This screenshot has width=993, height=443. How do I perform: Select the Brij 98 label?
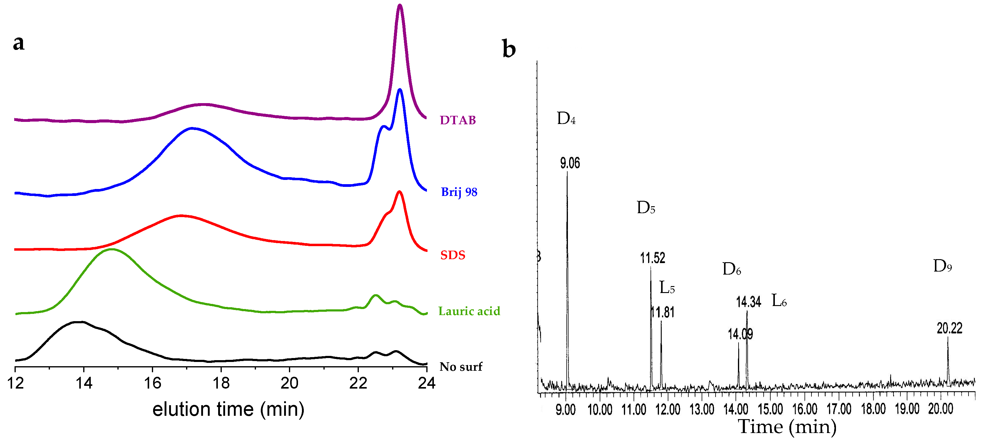pos(459,192)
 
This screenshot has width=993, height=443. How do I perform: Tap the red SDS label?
pos(453,255)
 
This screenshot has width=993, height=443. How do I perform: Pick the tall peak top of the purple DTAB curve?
pos(400,6)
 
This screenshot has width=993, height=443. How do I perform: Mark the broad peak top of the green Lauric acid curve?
pos(112,249)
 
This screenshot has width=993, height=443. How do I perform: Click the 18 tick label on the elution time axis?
pos(221,383)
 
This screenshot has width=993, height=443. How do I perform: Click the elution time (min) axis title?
pos(228,409)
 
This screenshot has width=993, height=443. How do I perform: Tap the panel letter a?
pos(18,42)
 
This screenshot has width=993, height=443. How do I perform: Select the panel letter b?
pos(509,49)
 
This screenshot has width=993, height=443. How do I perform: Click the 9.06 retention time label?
pos(570,163)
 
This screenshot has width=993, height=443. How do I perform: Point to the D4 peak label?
pos(566,118)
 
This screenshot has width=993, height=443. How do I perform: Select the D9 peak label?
pos(942,266)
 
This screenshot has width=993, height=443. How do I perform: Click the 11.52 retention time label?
pos(653,258)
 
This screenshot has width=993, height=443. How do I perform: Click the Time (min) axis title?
pos(787,427)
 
